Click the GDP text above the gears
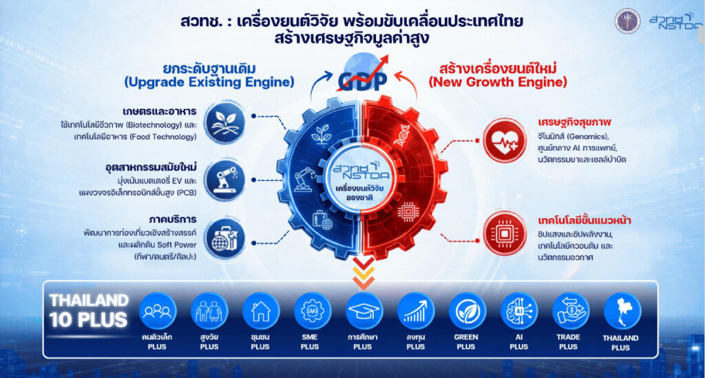pos(362,81)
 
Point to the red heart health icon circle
pos(505,140)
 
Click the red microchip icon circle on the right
pos(505,233)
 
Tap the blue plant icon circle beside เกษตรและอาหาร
pos(225,123)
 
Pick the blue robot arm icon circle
pos(225,180)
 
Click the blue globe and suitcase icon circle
pos(225,239)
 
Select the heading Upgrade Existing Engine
pos(209,82)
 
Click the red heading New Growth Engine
pos(498,82)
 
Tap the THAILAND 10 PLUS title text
pos(89,310)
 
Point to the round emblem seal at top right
pos(627,21)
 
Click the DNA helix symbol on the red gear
pos(401,135)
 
